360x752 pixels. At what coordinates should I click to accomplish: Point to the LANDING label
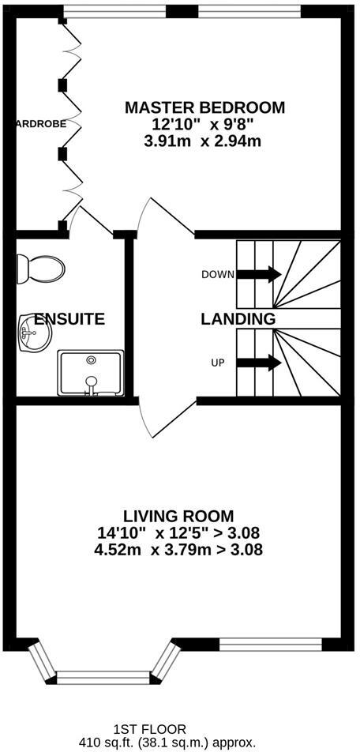click(x=238, y=320)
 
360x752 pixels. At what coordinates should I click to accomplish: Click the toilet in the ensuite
click(x=43, y=269)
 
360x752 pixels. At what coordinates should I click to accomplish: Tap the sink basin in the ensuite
click(x=33, y=335)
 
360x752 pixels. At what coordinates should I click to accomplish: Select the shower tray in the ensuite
click(x=91, y=373)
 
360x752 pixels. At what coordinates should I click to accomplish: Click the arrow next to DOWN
click(x=259, y=274)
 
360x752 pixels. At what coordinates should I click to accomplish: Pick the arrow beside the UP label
click(x=259, y=363)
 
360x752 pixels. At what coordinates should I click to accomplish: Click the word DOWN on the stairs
click(x=218, y=275)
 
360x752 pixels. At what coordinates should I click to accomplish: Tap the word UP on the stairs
click(x=218, y=363)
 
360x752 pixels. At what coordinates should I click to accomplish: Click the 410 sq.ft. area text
click(x=167, y=743)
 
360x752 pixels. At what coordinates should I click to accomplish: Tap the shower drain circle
click(x=92, y=360)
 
